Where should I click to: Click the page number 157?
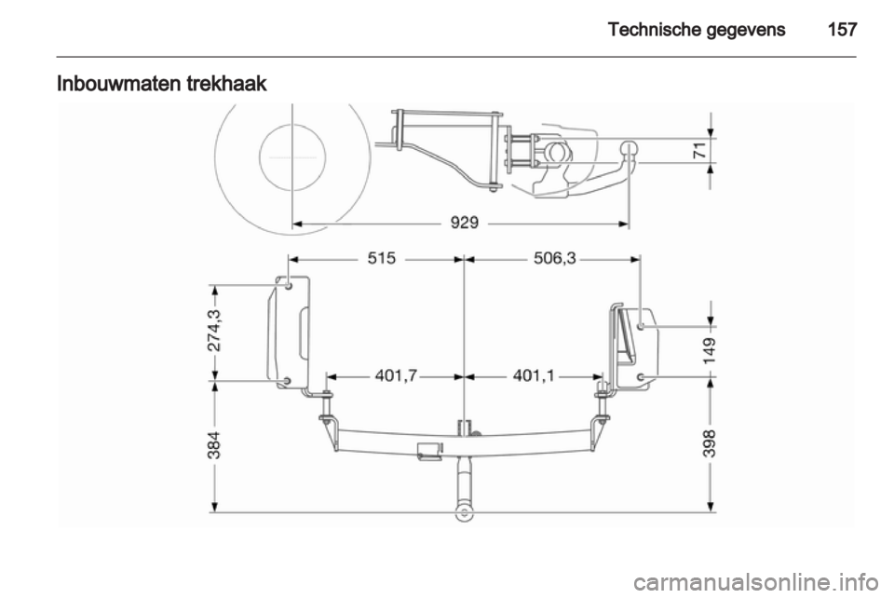coord(842,29)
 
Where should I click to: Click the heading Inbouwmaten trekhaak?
coord(161,84)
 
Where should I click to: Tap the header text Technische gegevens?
coord(697,30)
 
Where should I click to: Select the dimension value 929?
coord(465,223)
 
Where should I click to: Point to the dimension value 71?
coord(700,151)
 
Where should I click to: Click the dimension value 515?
coord(382,258)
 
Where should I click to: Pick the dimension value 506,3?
coord(555,258)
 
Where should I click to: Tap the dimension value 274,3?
coord(215,330)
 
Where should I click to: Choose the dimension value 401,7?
coord(397,375)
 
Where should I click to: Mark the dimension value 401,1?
coord(535,375)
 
